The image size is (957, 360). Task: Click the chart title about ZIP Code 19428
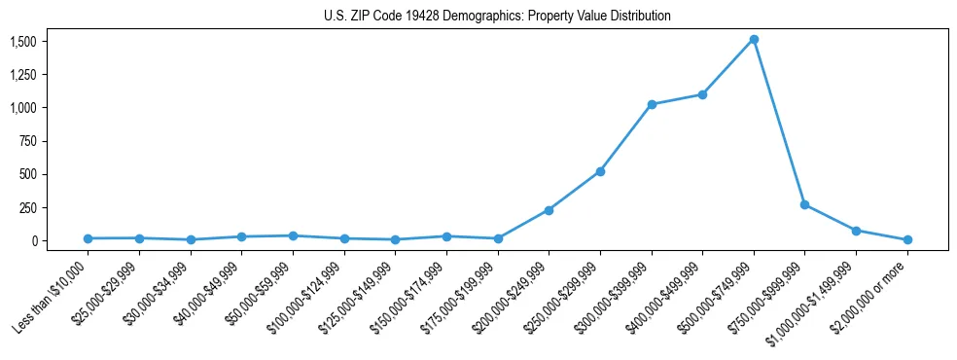coord(497,17)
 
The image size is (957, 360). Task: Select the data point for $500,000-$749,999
coord(754,40)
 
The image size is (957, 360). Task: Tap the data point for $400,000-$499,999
coord(702,94)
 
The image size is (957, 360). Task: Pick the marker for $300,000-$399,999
coord(652,104)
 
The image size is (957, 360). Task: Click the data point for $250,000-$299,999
coord(600,171)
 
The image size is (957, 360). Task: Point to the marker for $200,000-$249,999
coord(549,210)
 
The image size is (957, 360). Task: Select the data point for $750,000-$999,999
coord(804,204)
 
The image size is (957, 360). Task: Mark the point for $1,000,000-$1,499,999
coord(856,231)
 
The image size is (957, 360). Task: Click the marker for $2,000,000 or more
coord(907,239)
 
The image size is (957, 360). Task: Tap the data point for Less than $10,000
coord(88,238)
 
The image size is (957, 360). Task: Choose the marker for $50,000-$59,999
coord(293,235)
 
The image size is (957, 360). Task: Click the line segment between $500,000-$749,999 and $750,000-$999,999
coord(779,123)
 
